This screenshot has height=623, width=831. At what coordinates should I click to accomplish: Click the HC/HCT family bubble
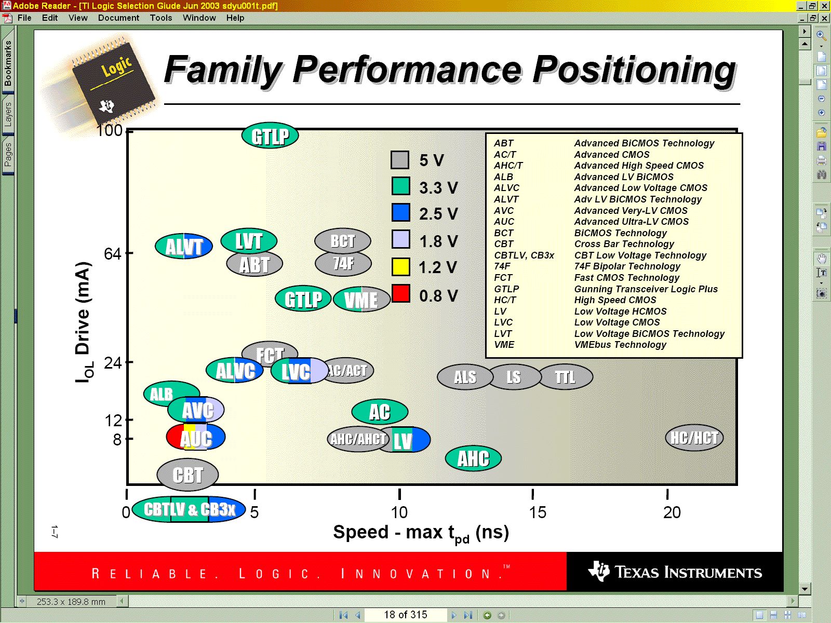coord(694,438)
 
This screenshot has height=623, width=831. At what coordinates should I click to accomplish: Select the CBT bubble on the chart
coord(187,475)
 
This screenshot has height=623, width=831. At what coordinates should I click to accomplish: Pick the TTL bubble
coord(566,377)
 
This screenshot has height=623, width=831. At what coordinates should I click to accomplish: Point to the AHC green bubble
coord(473,458)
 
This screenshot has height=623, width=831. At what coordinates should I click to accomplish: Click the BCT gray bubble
coord(343,241)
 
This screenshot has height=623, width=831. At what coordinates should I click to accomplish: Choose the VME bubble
coord(361,300)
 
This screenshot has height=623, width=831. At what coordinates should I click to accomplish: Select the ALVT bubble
coord(184,247)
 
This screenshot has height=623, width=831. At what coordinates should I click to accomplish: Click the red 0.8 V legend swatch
coord(400,294)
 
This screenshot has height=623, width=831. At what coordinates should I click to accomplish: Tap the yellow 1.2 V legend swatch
coord(400,267)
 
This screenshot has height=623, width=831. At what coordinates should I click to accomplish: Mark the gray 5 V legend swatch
coord(400,160)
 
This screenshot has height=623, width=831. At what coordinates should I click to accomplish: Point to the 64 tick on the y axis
coord(112,254)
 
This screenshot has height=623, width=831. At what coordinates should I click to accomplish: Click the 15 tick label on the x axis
coord(538,512)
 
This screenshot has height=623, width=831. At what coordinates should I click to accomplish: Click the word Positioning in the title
coord(634,70)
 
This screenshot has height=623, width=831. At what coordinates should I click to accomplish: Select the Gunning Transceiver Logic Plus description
coord(646,289)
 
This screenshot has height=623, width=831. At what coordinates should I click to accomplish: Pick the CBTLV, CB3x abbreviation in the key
coord(524,255)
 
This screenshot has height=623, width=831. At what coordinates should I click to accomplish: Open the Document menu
coord(118,18)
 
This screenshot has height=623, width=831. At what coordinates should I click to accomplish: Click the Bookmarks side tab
coord(8,64)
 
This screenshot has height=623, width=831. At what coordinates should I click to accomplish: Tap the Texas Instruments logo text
coord(688,573)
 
